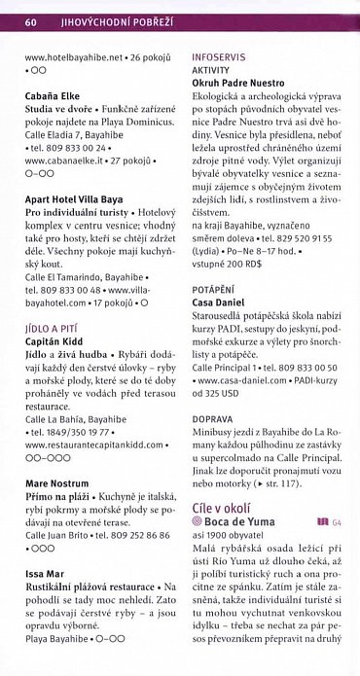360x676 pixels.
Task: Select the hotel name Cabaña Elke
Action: pyautogui.click(x=57, y=97)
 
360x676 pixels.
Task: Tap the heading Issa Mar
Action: pyautogui.click(x=45, y=574)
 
